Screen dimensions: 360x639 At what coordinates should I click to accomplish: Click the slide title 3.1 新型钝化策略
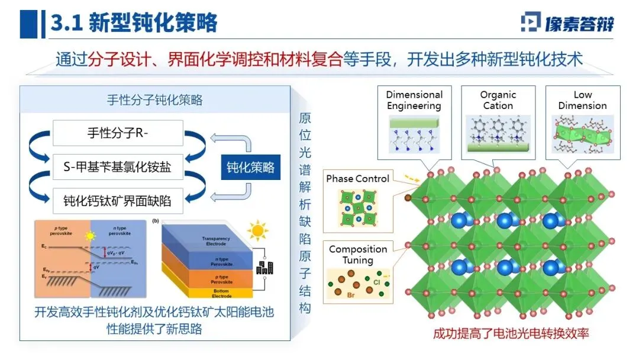tap(134, 22)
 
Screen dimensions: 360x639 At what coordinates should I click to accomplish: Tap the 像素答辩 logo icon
tap(531, 22)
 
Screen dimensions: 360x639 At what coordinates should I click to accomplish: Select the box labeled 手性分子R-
tap(117, 133)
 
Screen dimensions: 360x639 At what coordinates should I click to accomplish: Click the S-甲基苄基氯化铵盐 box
tap(117, 167)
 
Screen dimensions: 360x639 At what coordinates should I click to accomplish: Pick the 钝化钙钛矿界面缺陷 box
tap(117, 201)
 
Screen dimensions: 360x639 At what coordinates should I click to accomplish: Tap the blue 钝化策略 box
tap(251, 167)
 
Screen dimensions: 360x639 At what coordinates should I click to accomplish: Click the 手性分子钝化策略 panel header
tap(154, 99)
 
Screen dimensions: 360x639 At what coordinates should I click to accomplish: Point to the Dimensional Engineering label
tap(414, 100)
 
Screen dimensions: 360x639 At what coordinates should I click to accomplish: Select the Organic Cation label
tap(498, 100)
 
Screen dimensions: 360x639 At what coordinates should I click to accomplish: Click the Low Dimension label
tap(582, 100)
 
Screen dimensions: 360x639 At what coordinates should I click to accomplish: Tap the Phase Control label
tap(358, 178)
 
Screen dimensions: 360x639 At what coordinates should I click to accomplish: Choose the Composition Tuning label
tap(358, 255)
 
